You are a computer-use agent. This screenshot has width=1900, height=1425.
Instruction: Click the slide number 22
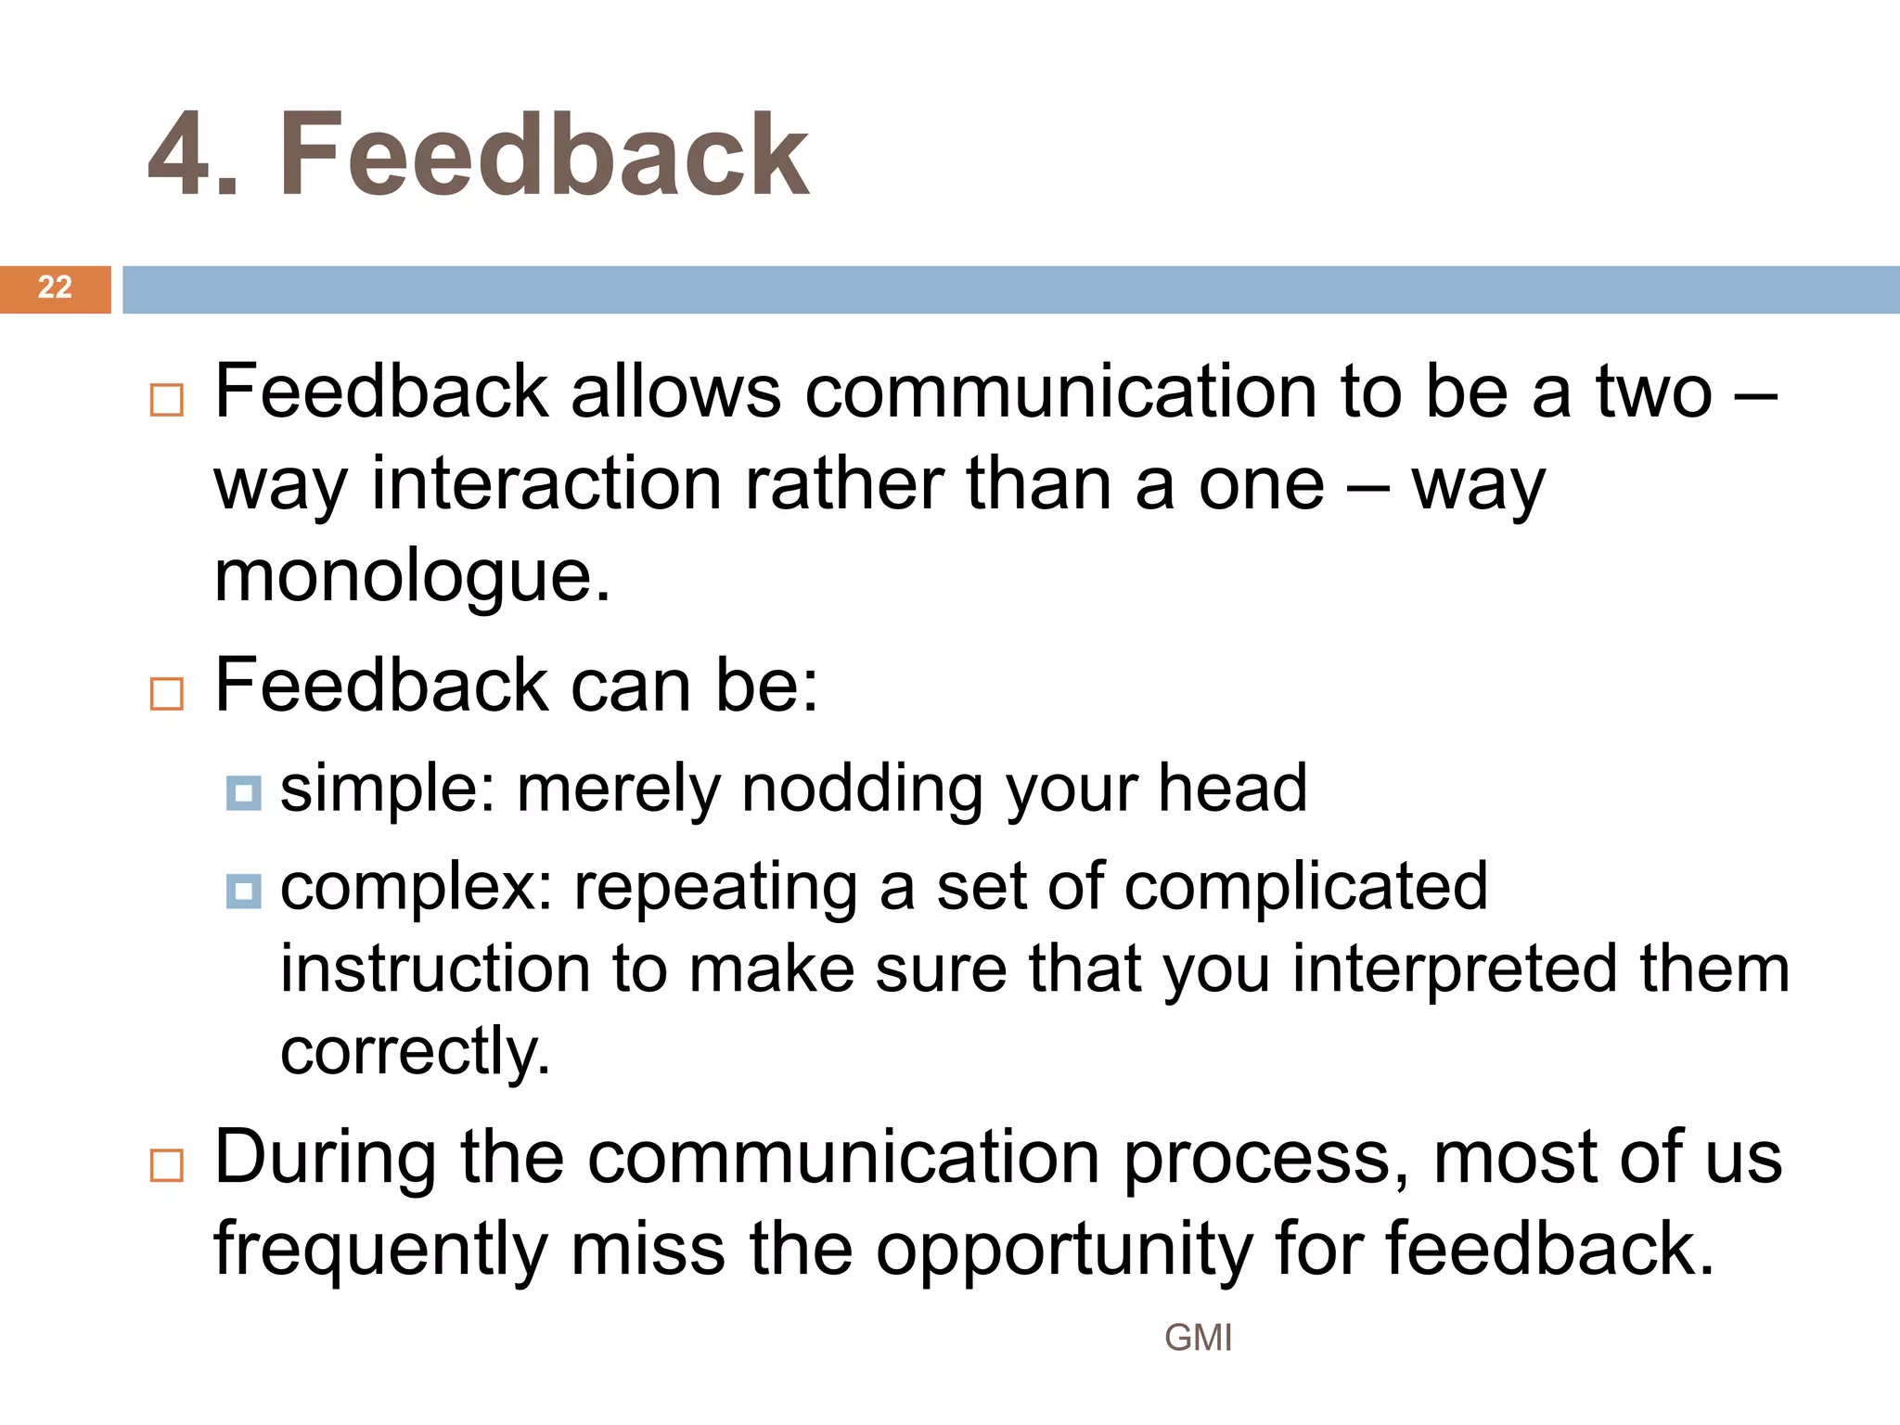click(55, 288)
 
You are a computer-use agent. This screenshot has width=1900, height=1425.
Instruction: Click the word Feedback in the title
click(544, 155)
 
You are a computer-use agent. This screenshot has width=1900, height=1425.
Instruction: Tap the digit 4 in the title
click(181, 155)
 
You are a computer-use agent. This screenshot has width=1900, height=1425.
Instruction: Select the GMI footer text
click(1198, 1338)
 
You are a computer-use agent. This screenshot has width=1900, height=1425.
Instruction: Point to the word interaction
click(546, 484)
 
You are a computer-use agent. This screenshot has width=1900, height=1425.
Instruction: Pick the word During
click(326, 1158)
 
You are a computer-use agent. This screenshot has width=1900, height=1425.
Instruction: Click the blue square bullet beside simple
click(243, 793)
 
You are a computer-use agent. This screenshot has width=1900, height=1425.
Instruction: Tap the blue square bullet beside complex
click(243, 892)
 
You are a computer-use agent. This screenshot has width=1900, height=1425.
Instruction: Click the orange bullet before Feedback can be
click(167, 694)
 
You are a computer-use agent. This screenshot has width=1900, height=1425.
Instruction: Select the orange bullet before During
click(167, 1165)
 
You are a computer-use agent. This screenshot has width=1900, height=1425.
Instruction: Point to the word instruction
click(435, 969)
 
